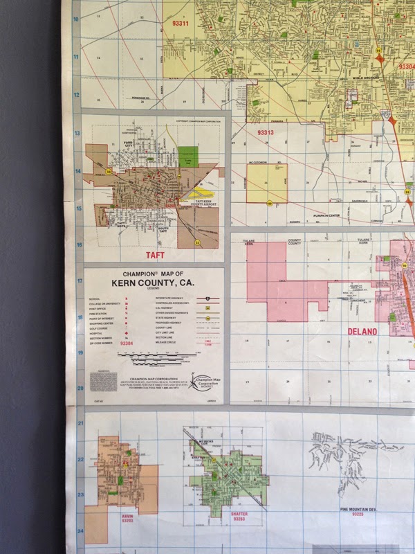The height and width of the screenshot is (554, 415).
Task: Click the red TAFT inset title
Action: (154, 255)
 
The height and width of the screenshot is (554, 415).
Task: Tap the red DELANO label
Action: (362, 332)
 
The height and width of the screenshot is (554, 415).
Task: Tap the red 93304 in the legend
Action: (127, 343)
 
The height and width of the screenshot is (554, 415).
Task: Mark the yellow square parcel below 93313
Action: (266, 183)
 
